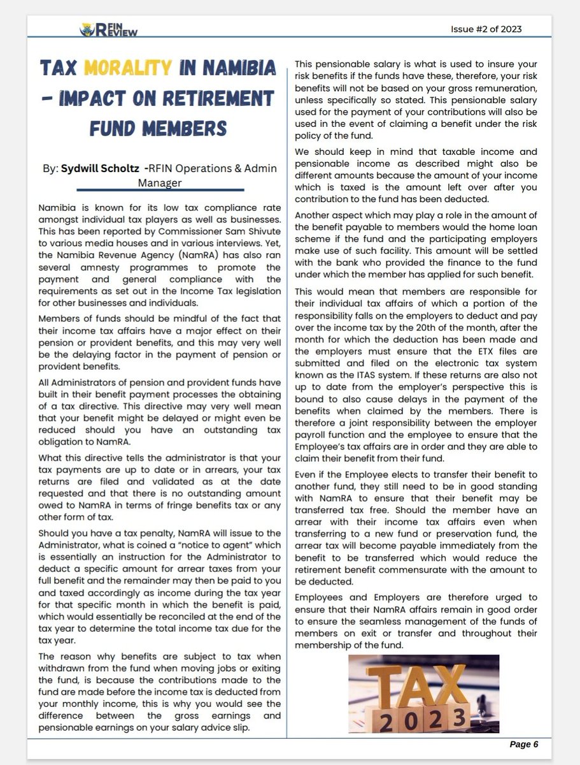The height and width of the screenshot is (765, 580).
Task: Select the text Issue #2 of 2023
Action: (x=488, y=29)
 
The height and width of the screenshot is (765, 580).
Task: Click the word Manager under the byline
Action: (x=160, y=183)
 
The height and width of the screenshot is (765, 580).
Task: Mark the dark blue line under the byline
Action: (x=160, y=190)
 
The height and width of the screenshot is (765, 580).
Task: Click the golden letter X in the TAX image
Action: (x=464, y=685)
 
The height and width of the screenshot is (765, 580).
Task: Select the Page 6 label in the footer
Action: (x=523, y=744)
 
